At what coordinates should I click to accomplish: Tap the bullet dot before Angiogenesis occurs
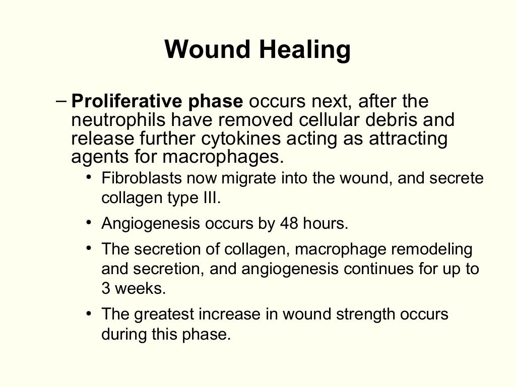pyautogui.click(x=89, y=222)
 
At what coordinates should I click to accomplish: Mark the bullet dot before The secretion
pyautogui.click(x=89, y=247)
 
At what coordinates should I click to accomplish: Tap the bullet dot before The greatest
pyautogui.click(x=89, y=313)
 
